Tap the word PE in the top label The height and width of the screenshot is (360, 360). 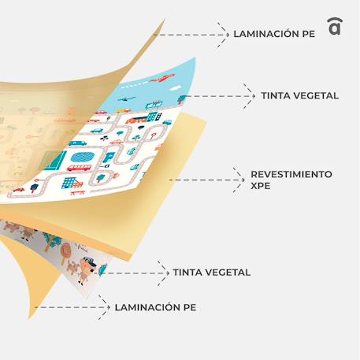309,34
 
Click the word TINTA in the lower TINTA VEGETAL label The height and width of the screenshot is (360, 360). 187,273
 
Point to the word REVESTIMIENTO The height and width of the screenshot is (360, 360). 291,174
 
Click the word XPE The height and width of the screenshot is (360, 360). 261,186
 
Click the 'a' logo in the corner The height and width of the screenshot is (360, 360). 335,26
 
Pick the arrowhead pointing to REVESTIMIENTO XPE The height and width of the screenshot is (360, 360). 239,180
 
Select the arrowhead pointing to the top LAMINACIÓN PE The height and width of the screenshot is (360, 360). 224,35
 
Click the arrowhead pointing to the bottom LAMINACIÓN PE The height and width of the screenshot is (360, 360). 105,307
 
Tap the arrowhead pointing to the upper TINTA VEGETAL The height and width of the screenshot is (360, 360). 250,96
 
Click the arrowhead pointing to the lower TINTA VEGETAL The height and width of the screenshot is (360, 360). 164,273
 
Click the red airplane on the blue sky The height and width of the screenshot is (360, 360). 163,77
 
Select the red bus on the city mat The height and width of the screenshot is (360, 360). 79,168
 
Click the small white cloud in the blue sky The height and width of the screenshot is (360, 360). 175,88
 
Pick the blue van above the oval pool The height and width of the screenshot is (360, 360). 77,143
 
